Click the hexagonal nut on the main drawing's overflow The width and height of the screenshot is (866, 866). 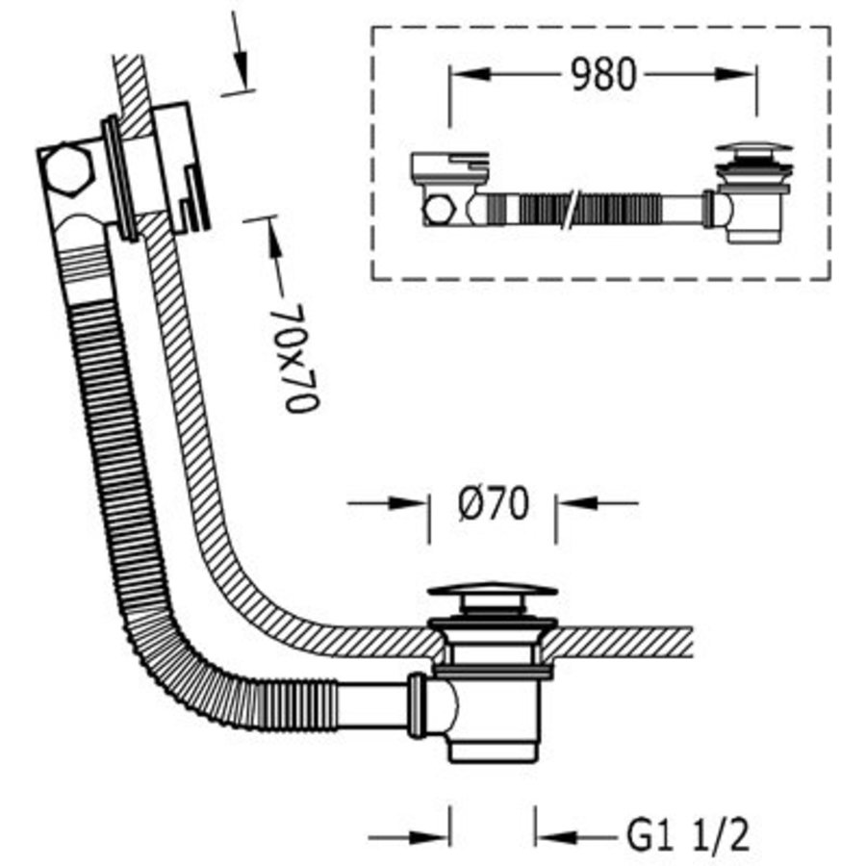tap(64, 170)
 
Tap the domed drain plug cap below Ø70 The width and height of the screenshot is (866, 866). tap(492, 591)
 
